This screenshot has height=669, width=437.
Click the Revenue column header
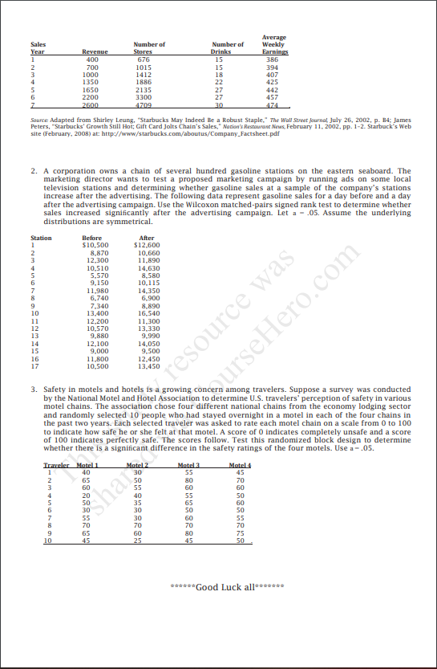(x=95, y=51)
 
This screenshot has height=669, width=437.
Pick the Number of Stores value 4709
(x=144, y=104)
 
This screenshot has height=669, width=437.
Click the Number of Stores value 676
(x=144, y=59)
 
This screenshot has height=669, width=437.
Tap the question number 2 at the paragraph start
(x=33, y=171)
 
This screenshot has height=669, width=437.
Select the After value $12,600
(x=148, y=244)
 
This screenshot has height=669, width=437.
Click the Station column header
(x=41, y=238)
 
